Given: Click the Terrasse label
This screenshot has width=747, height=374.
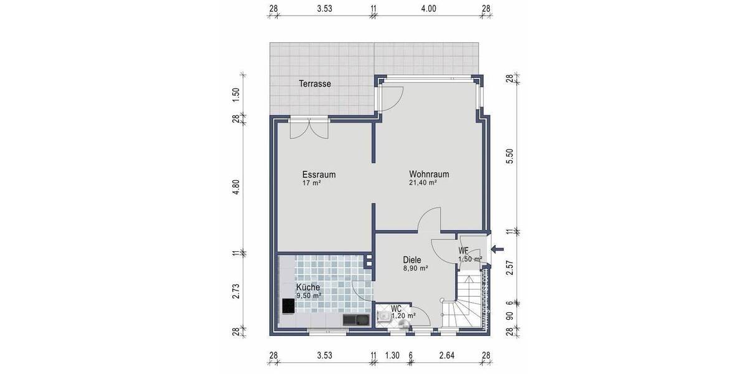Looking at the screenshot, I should click(314, 84).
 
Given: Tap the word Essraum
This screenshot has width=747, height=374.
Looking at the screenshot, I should click(319, 175).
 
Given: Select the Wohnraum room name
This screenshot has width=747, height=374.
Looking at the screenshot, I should click(429, 175).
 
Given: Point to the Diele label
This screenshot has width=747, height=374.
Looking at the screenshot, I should click(412, 260).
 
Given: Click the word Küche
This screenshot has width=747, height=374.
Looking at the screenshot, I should click(308, 287).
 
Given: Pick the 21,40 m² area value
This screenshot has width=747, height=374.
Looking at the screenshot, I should click(423, 183).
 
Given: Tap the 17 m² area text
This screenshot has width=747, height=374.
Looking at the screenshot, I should click(311, 183).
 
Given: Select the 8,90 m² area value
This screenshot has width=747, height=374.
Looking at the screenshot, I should click(415, 269).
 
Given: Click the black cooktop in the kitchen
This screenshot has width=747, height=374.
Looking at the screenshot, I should click(288, 306).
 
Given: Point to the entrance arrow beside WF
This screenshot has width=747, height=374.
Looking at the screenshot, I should click(498, 250).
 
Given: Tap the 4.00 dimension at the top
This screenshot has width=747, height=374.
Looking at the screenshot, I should click(429, 8).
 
